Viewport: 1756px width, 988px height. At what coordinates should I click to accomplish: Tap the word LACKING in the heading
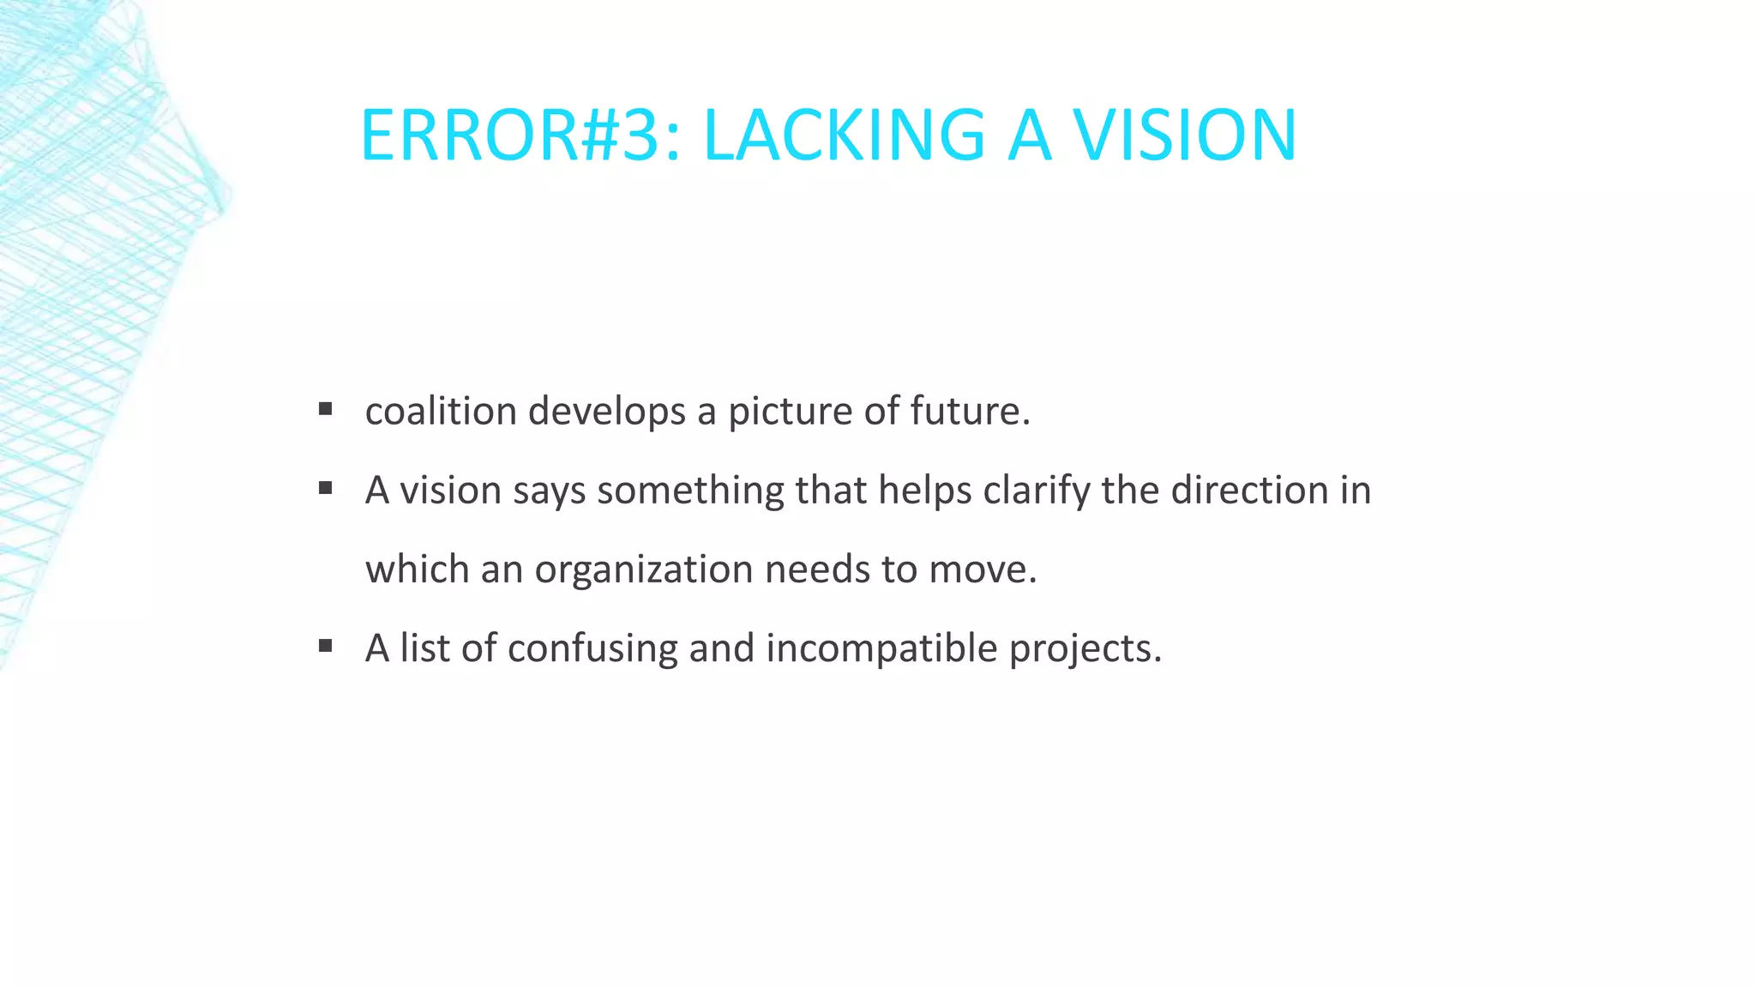[x=844, y=136]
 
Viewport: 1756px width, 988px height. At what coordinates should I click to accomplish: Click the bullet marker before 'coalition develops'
[x=325, y=409]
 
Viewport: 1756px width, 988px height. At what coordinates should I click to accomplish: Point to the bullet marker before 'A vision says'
[x=325, y=489]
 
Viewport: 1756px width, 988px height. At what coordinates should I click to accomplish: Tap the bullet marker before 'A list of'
[x=325, y=646]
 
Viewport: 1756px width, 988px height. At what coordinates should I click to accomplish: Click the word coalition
[x=441, y=411]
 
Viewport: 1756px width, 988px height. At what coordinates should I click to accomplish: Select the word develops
[x=607, y=413]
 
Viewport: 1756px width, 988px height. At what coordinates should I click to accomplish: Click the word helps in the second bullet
[x=925, y=491]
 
